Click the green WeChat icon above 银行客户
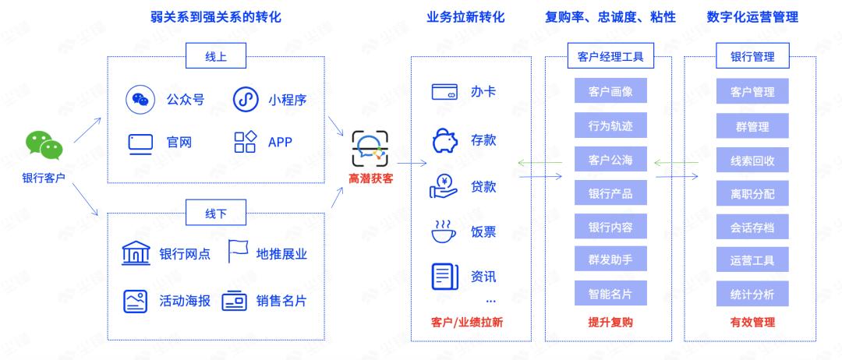point(44,145)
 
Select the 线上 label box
point(216,56)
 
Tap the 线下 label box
point(216,213)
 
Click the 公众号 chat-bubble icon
point(140,99)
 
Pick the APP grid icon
point(246,142)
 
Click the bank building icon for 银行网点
point(136,253)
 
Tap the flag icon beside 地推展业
point(238,251)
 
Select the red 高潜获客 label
point(370,178)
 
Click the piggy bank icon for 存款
point(444,140)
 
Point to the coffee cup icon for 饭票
point(444,231)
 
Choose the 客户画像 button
point(610,90)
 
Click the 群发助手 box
point(610,259)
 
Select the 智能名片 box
point(610,294)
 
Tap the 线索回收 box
point(752,161)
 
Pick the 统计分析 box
point(752,294)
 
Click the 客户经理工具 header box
point(610,56)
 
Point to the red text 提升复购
point(610,323)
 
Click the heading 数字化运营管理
point(753,17)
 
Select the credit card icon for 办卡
point(444,92)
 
